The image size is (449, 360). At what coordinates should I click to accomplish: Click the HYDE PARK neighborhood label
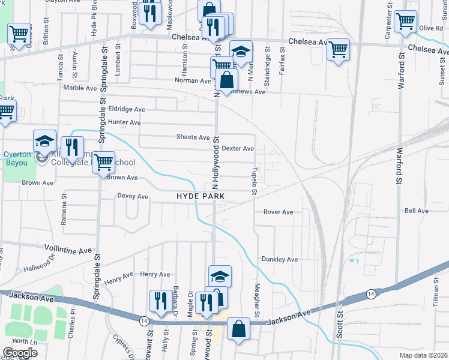pyautogui.click(x=200, y=197)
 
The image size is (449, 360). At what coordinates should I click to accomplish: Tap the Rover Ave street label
pyautogui.click(x=278, y=212)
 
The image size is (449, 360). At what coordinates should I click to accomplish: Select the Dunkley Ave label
pyautogui.click(x=279, y=259)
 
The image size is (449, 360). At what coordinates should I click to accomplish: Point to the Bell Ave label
pyautogui.click(x=416, y=211)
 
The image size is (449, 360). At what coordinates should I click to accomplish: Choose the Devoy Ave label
pyautogui.click(x=133, y=196)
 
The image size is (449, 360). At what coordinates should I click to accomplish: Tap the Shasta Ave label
pyautogui.click(x=193, y=137)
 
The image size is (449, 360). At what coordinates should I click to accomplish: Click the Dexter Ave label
pyautogui.click(x=238, y=148)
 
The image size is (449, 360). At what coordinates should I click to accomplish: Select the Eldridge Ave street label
pyautogui.click(x=127, y=109)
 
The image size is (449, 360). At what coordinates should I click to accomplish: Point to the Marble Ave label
pyautogui.click(x=80, y=88)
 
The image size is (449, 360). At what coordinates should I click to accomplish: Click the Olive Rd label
pyautogui.click(x=430, y=28)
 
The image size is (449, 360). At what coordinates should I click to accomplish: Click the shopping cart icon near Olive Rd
pyautogui.click(x=406, y=21)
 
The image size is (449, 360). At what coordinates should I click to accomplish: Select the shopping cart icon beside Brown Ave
pyautogui.click(x=103, y=161)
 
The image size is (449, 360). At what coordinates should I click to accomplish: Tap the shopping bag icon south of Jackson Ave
pyautogui.click(x=238, y=328)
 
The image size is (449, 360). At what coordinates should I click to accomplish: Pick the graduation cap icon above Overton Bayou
pyautogui.click(x=44, y=140)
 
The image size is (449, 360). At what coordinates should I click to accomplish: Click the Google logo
pyautogui.click(x=19, y=353)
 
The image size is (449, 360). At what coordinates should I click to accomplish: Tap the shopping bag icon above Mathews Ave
pyautogui.click(x=226, y=80)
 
